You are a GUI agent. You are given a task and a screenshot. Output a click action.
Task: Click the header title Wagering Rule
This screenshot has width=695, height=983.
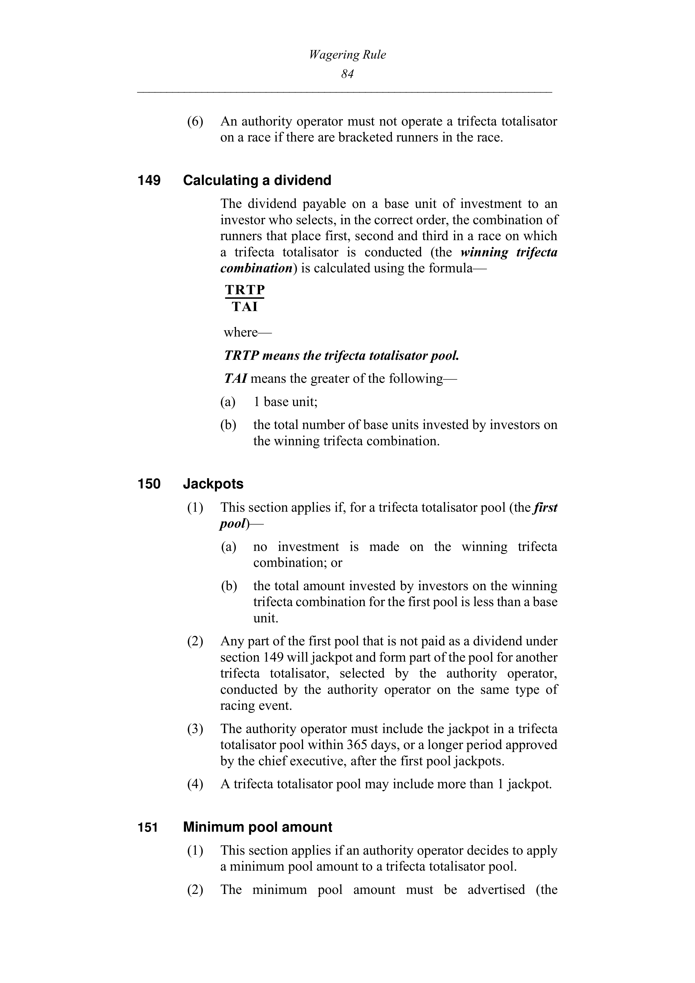coord(347,55)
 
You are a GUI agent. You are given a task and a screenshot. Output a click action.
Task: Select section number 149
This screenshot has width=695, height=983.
coord(149,180)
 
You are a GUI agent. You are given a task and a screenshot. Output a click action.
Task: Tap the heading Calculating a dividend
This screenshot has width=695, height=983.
coord(257,180)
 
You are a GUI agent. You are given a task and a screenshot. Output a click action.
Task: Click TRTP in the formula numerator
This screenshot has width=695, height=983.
coord(245,290)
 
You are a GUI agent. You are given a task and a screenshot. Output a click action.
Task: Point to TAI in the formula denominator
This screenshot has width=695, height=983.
coord(245,307)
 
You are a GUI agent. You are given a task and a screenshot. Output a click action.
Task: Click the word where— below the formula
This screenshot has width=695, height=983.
coord(247,332)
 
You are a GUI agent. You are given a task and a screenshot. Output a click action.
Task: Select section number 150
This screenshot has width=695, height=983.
coord(149,484)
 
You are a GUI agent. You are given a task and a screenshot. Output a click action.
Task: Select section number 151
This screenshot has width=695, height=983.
coord(148,827)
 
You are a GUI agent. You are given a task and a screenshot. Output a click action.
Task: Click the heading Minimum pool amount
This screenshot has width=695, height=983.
coord(257,827)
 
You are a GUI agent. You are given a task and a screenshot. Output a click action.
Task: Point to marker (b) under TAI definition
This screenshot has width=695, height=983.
coord(228,425)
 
